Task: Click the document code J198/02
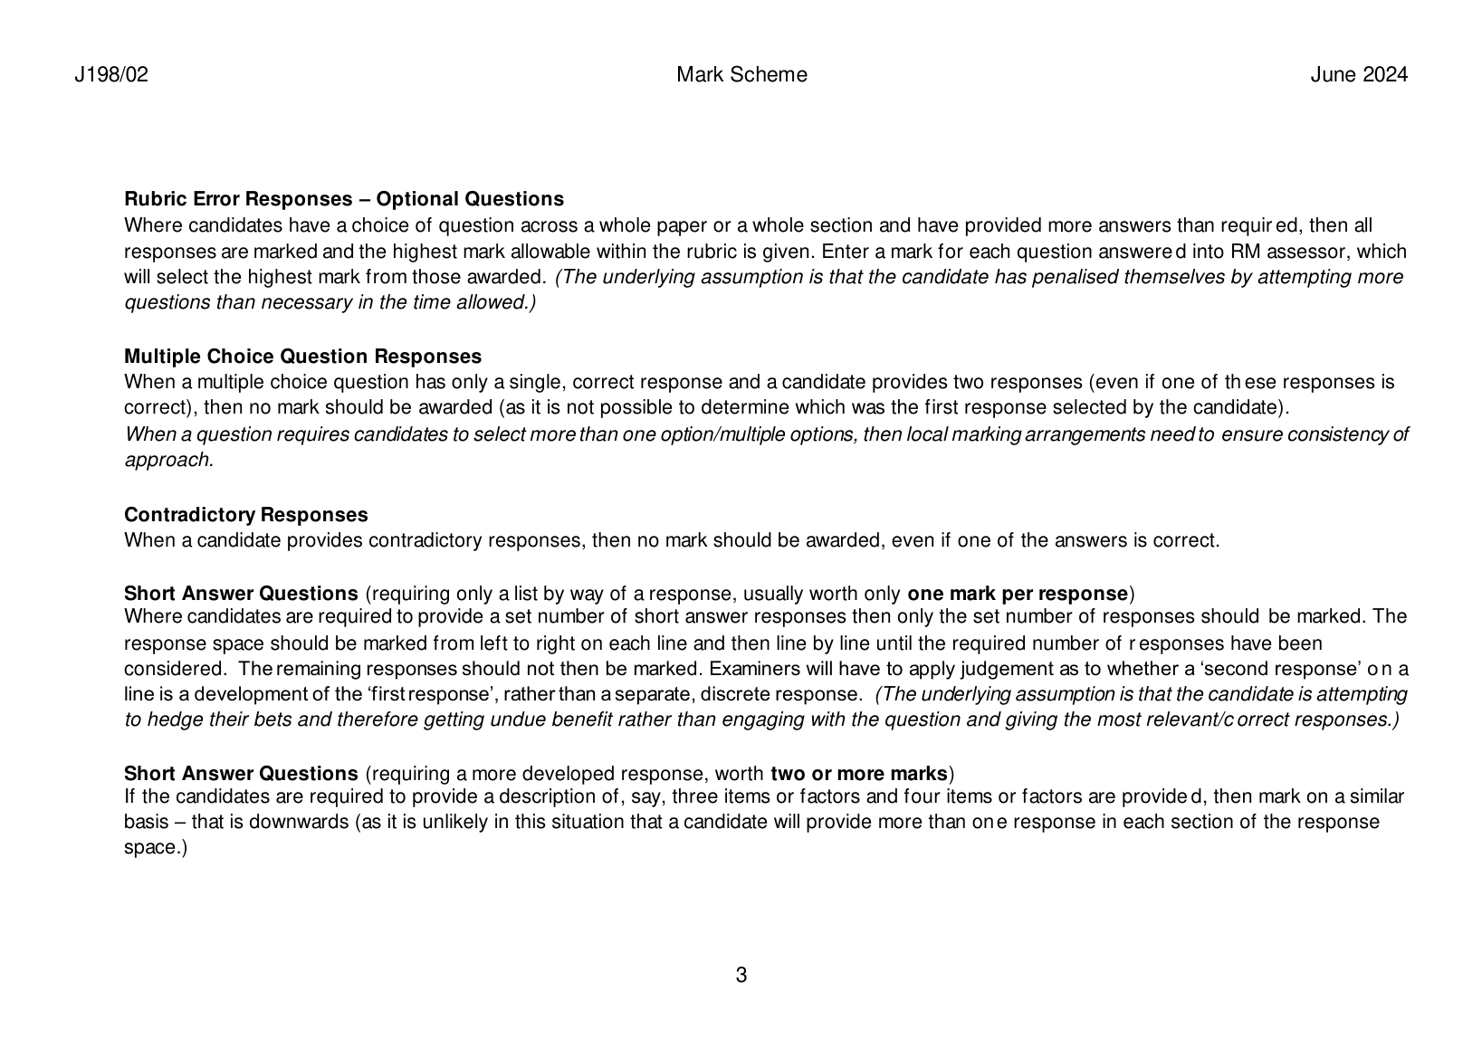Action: (110, 75)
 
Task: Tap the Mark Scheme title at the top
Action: (741, 75)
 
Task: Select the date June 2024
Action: (1359, 75)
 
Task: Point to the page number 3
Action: (741, 976)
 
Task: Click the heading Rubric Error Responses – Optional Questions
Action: (343, 199)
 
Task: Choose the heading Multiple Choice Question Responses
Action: (302, 357)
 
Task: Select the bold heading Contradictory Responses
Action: (245, 515)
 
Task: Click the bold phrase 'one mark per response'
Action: (1017, 595)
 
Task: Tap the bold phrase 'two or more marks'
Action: (858, 774)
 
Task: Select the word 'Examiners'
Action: (751, 670)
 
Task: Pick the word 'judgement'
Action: (985, 670)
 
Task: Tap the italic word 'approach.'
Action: (168, 460)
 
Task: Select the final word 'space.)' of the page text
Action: (155, 848)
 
